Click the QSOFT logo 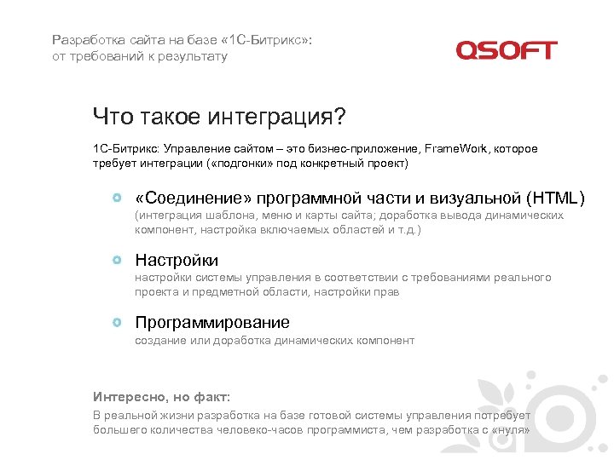click(506, 51)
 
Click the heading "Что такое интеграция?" click(221, 116)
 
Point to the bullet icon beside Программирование click(117, 323)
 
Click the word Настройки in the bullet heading click(177, 261)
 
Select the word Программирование click(212, 323)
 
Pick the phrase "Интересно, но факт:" click(161, 397)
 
